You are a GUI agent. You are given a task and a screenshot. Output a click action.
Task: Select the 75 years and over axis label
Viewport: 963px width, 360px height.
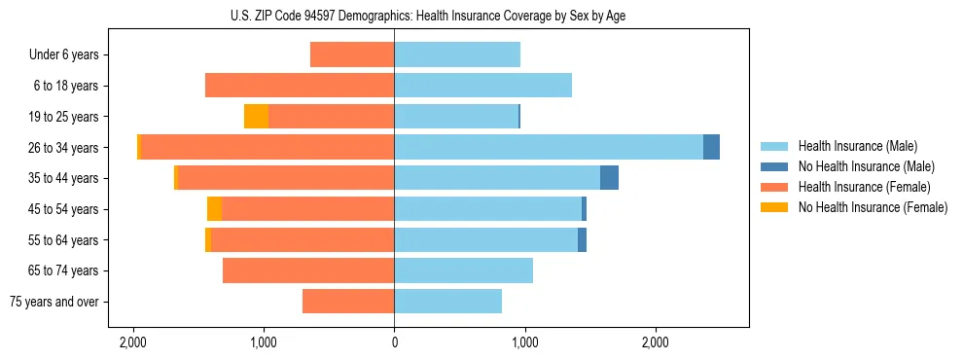[x=54, y=302]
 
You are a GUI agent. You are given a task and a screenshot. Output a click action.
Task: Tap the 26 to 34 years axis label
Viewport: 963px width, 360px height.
[x=64, y=148]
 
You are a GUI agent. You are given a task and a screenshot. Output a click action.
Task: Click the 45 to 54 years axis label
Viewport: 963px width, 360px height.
[x=64, y=209]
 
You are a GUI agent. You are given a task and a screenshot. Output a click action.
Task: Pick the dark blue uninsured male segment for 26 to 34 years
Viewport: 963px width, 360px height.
[x=711, y=147]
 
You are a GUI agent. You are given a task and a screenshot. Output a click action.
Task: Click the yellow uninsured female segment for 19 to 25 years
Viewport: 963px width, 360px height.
[x=256, y=117]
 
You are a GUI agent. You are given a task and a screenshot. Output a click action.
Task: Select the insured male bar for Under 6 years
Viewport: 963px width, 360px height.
[x=457, y=54]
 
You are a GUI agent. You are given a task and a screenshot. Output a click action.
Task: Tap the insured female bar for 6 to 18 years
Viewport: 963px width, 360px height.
[x=300, y=86]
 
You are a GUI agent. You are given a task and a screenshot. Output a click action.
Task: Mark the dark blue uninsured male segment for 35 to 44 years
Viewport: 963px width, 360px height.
[x=609, y=178]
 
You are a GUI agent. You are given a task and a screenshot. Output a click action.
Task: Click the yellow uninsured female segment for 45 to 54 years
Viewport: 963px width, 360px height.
[x=214, y=209]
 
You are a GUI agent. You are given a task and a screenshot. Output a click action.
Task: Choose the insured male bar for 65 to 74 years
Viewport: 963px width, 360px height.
[x=463, y=270]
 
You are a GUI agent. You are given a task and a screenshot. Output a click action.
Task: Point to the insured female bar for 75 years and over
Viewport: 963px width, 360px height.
[x=348, y=302]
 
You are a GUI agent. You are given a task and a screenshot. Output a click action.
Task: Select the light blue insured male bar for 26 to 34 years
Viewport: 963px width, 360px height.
[x=548, y=147]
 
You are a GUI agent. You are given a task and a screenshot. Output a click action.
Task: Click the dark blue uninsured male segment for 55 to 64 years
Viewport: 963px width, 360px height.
[x=582, y=240]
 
